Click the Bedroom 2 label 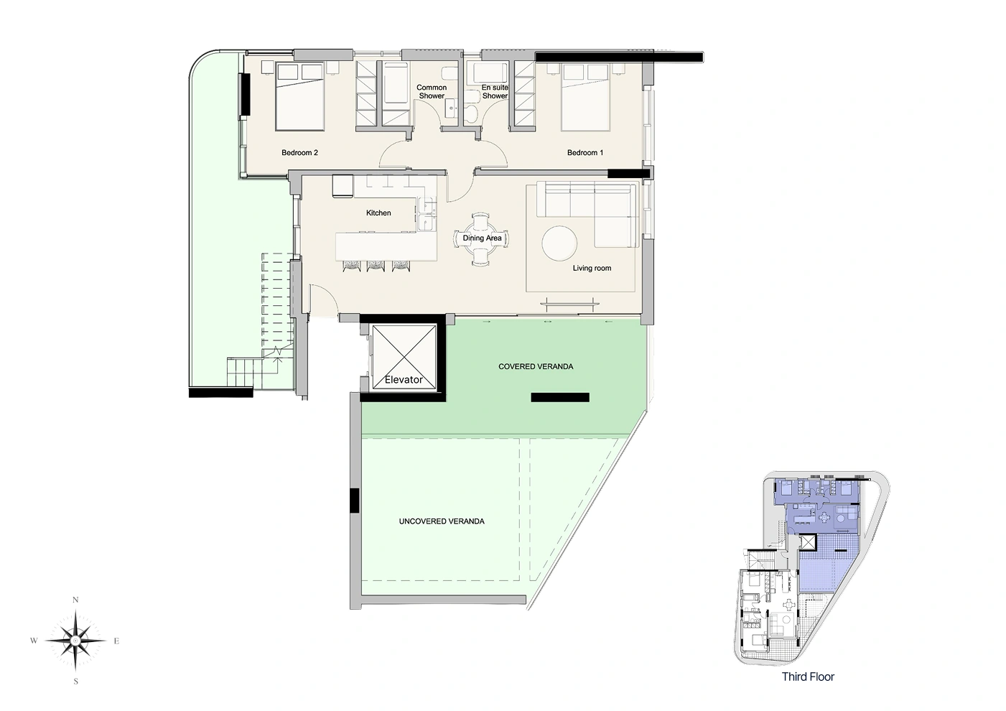(299, 153)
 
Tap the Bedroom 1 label (584, 153)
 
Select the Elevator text (404, 379)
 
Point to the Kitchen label (378, 213)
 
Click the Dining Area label (482, 238)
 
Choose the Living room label (592, 268)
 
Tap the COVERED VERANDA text (536, 366)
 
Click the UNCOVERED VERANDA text (442, 521)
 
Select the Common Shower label (432, 92)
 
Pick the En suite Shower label (495, 92)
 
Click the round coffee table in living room (559, 243)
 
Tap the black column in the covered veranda (560, 397)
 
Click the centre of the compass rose (75, 641)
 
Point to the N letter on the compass (75, 600)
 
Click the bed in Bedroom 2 (299, 97)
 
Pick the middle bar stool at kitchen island (376, 266)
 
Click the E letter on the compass (116, 641)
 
